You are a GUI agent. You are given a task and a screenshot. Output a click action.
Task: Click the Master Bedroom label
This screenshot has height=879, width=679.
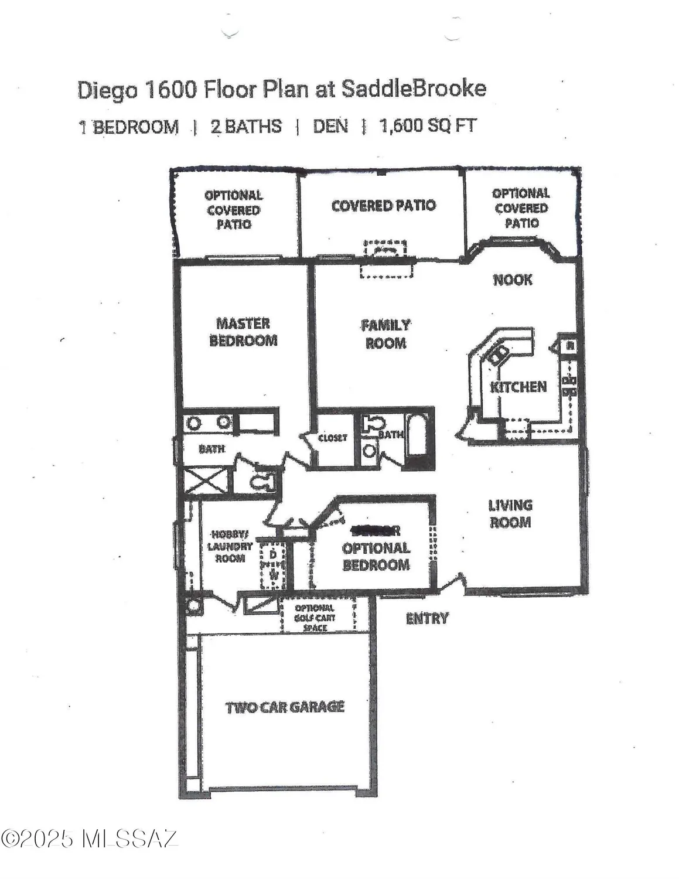point(243,332)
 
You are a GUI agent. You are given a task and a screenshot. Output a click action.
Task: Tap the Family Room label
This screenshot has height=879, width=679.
point(385,334)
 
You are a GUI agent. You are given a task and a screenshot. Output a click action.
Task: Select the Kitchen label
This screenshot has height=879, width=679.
point(518,387)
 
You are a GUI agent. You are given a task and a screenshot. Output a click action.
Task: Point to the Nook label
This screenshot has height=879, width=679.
point(513,280)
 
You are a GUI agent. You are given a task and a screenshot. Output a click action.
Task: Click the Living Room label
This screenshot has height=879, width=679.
point(510,513)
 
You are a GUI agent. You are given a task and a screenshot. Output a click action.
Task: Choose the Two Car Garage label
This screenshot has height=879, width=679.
point(285,707)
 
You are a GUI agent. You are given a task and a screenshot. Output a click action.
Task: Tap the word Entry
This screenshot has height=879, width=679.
point(427,618)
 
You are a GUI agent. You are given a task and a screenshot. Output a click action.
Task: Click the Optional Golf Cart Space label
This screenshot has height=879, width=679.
point(315,618)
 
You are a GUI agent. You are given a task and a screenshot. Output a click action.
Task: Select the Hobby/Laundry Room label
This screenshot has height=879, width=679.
point(230,546)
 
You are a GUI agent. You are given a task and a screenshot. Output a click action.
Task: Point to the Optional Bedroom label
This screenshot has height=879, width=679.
point(376,556)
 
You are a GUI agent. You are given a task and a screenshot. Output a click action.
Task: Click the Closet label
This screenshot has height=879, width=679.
point(332,438)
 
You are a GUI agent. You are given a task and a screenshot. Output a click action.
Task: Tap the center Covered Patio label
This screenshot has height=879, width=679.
point(383,206)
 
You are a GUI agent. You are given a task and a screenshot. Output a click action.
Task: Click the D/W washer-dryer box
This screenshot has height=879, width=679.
point(273,565)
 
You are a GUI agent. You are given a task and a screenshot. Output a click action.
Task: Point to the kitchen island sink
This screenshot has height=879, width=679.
point(499,353)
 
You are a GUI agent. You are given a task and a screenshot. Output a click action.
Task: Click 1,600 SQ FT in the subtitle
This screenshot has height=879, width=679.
point(428,126)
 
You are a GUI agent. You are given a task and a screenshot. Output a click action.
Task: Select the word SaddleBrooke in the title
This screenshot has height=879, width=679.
point(414,89)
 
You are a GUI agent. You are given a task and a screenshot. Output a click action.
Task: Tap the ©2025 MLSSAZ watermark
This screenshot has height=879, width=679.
point(89,839)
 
